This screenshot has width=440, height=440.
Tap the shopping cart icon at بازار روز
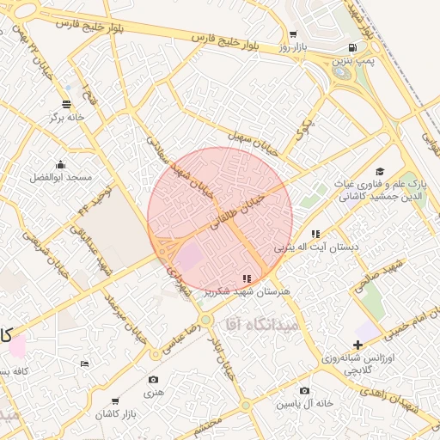(x=293, y=35)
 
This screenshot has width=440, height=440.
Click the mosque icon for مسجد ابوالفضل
(x=60, y=165)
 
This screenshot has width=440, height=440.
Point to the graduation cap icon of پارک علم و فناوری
(x=380, y=172)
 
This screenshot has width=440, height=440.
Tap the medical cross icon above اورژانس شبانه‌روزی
(x=358, y=345)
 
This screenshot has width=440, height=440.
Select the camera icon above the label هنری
(x=153, y=379)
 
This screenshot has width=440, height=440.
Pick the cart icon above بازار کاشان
(x=115, y=401)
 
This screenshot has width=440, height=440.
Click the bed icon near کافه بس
(x=84, y=364)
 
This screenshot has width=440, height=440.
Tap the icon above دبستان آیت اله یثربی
(x=315, y=234)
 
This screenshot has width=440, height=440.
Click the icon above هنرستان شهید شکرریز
(x=247, y=278)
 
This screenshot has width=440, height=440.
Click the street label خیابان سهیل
(x=255, y=142)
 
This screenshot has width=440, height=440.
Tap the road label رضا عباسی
(x=184, y=331)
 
